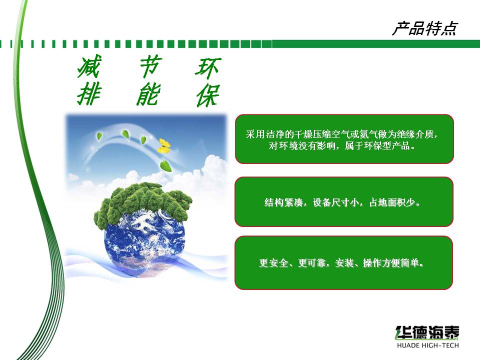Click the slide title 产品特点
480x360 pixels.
[x=425, y=29]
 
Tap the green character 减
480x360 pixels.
[x=89, y=66]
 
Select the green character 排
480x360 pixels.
[x=89, y=94]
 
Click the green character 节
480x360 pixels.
[x=149, y=66]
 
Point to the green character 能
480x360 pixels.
[x=148, y=94]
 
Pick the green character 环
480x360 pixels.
[x=208, y=68]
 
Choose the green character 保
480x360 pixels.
[x=208, y=95]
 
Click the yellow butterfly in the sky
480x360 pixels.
[x=164, y=146]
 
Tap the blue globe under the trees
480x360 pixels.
[x=144, y=242]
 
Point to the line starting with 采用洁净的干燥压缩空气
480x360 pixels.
[x=341, y=134]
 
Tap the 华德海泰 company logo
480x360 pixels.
[x=427, y=332]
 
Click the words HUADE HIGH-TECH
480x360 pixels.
[x=427, y=345]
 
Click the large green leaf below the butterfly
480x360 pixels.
[x=166, y=165]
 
